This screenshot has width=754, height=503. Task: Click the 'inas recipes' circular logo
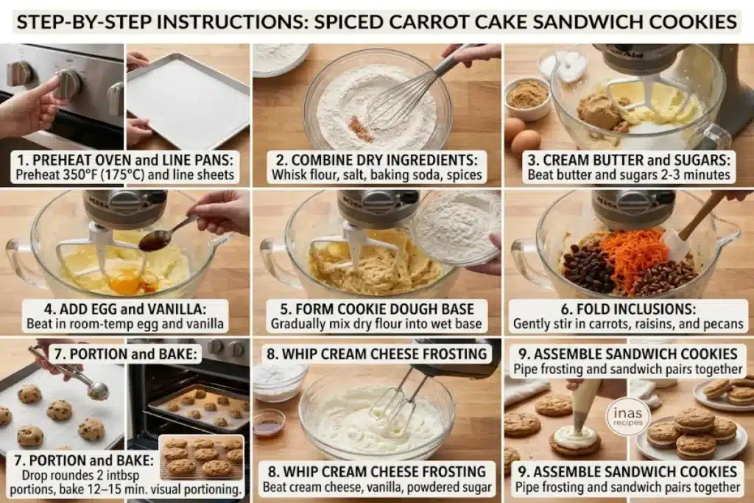627,416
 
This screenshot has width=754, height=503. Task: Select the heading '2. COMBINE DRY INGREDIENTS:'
377,160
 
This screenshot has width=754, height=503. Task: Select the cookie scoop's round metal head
98,390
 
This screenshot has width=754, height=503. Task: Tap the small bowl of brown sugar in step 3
526,99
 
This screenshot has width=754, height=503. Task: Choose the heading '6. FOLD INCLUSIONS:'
629,309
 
